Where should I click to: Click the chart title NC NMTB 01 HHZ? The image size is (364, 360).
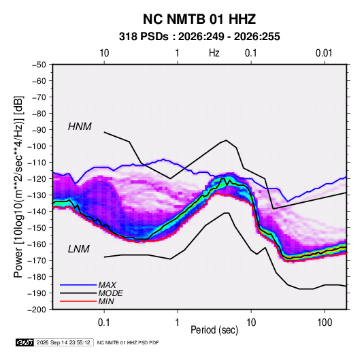pos(199,19)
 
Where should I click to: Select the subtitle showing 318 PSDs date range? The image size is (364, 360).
pos(199,37)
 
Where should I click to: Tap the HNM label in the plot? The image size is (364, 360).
pos(80,127)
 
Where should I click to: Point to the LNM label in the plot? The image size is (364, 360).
pos(79,249)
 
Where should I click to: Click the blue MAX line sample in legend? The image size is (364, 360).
pos(78,285)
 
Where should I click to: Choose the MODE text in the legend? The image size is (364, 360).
pos(110,293)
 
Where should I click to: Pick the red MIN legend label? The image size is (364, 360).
pos(106,301)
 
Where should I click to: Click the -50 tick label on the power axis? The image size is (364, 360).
pos(39,65)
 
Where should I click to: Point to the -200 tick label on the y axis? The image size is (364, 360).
pos(37,310)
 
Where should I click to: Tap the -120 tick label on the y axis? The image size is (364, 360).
pos(37,179)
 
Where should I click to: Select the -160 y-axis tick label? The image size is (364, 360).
pos(37,244)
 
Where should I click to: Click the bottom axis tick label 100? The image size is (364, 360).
pos(325,323)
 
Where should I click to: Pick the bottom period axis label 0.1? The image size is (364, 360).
pos(104,323)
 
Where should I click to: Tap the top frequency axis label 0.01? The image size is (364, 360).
pos(324,53)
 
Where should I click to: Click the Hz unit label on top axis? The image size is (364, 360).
pos(214,53)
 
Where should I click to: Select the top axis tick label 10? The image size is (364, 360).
pos(104,53)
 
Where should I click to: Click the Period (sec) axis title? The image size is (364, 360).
pos(214,330)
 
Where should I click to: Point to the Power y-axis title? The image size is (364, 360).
pos(18,186)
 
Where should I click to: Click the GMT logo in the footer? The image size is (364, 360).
pos(24,342)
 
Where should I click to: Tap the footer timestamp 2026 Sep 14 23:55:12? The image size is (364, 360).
pos(63,342)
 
